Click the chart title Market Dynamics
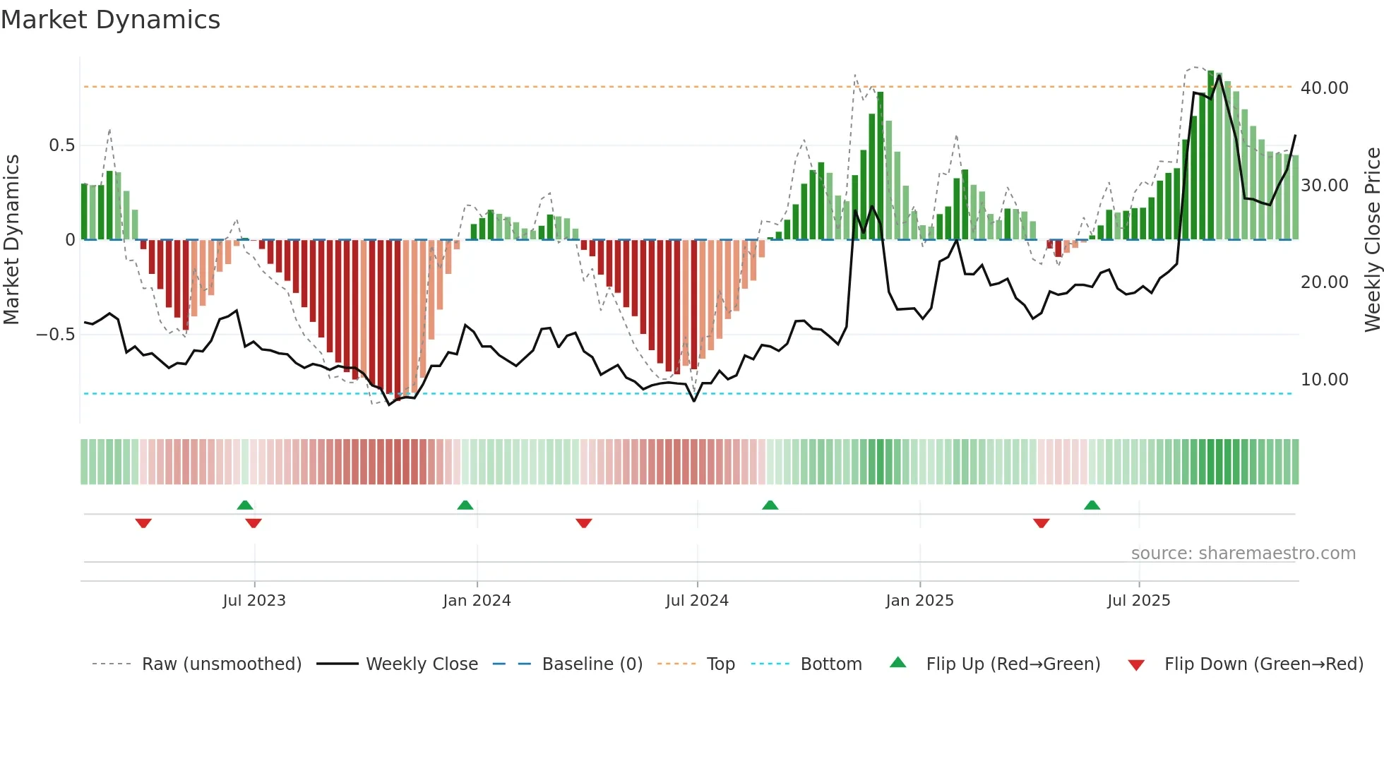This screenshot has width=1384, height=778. coord(110,20)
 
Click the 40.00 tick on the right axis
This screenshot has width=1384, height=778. coord(1324,88)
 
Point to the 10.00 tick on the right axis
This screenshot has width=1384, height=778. coord(1324,380)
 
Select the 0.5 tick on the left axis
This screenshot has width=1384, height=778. coord(61,145)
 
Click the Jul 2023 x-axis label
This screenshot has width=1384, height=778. coord(254,601)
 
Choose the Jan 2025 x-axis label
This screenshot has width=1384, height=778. coord(919,601)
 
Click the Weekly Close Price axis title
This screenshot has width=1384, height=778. coord(1372,239)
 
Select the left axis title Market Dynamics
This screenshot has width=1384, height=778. coord(11,239)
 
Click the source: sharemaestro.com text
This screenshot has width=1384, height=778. coord(1243,553)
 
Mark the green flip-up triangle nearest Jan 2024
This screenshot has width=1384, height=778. coord(465,505)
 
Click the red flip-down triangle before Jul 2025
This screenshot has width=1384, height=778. coord(1041,523)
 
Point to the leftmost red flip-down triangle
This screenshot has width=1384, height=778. coord(143,523)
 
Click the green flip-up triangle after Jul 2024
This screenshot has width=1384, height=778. coord(770,505)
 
